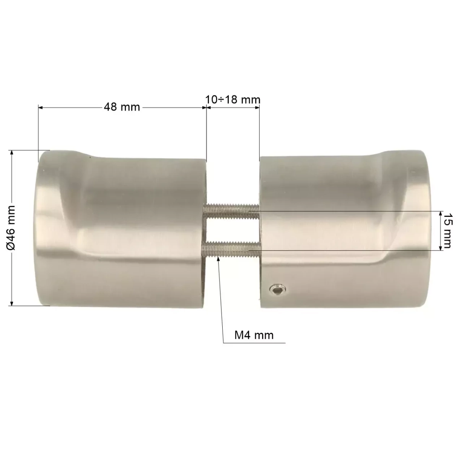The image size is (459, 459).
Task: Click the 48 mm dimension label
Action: coord(122,107)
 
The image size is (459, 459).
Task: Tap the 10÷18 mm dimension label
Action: coord(233,99)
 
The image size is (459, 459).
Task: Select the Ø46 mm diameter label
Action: coord(11,228)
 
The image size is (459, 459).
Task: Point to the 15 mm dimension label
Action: coord(447,230)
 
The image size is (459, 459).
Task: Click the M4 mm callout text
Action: coord(254,335)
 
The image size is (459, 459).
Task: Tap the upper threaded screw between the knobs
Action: coord(231,211)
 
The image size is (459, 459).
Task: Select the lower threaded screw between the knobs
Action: coord(231,249)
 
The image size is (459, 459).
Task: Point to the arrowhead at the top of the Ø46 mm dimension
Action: coord(11,153)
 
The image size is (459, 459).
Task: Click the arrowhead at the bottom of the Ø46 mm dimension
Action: coord(11,303)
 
